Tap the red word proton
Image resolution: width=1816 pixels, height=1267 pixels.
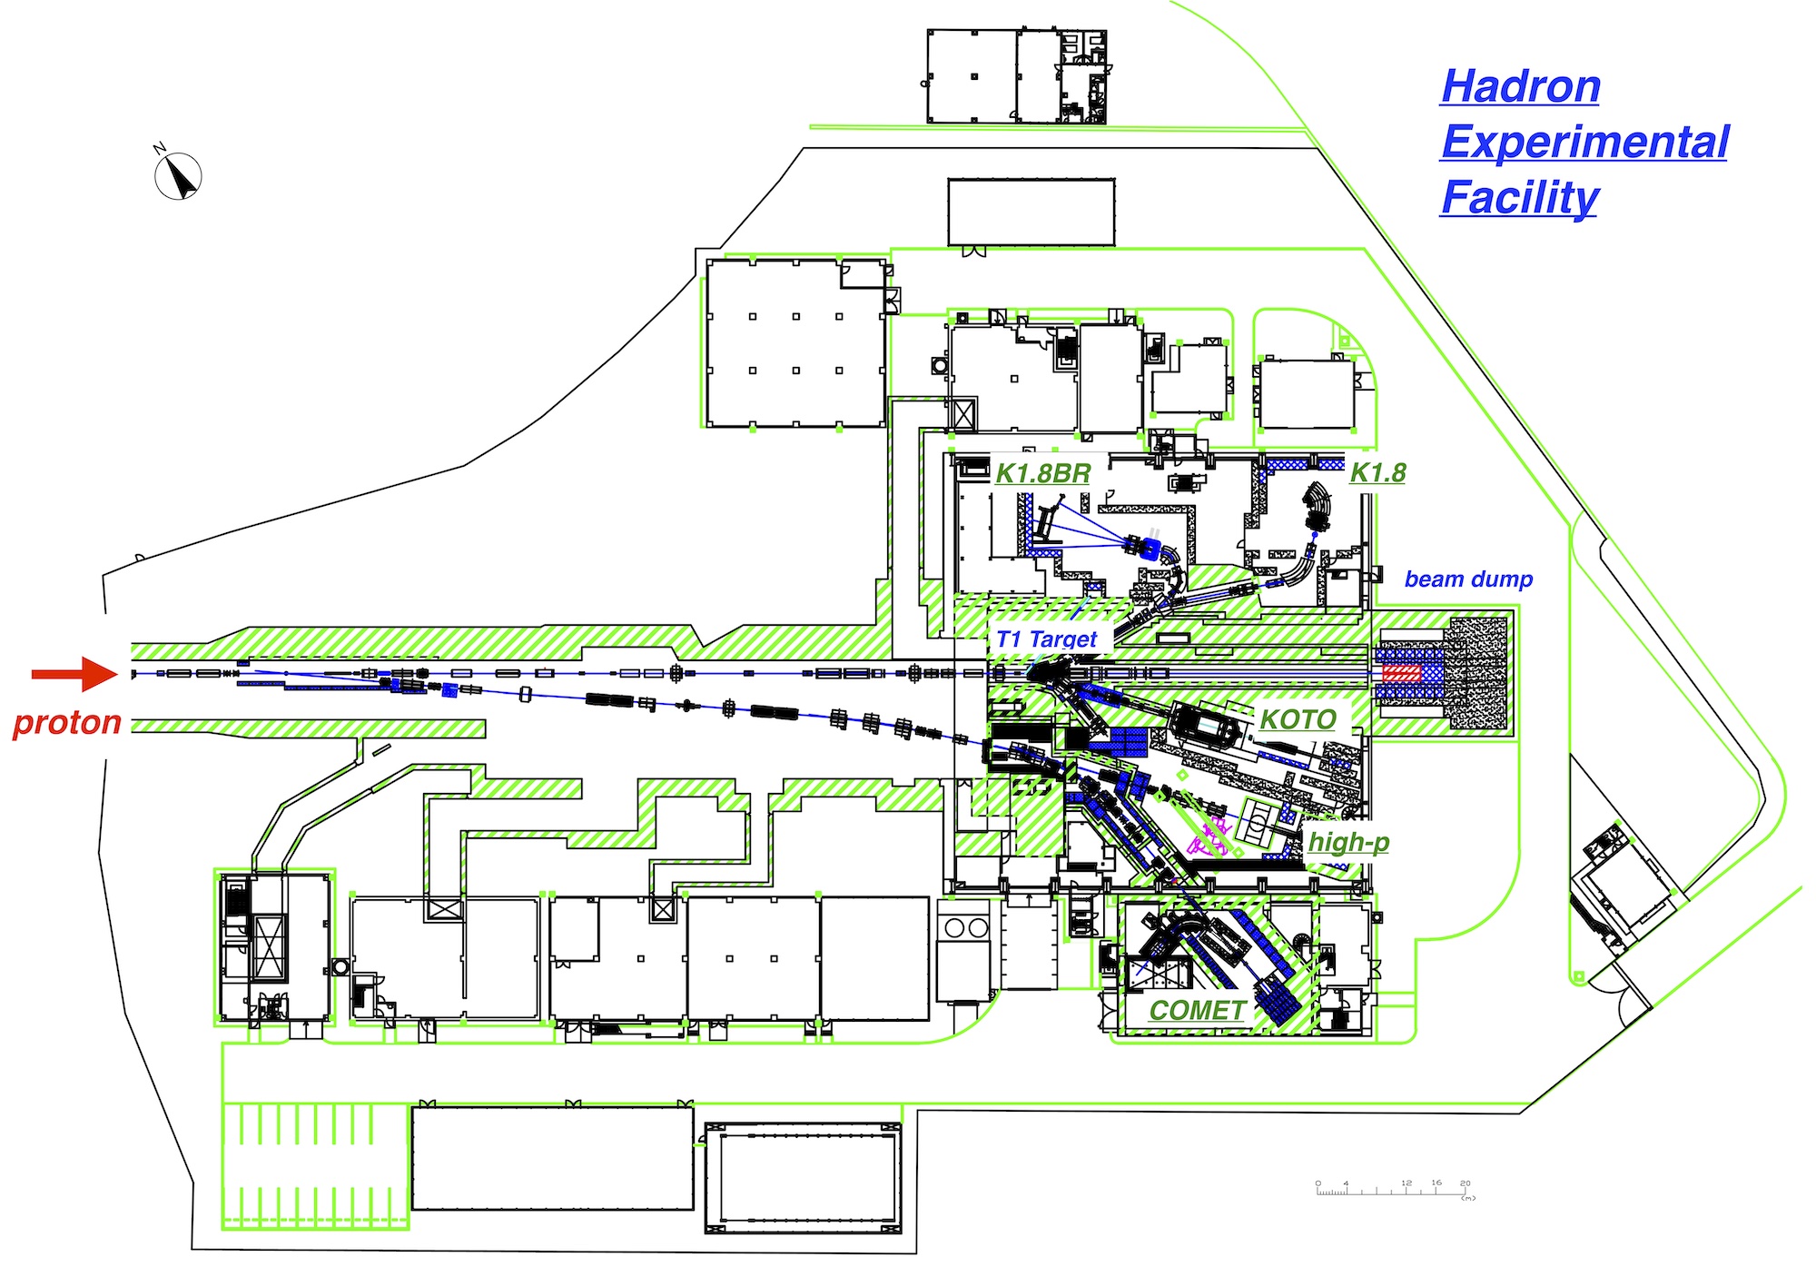(x=67, y=722)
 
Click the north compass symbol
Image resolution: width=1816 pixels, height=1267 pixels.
(x=178, y=176)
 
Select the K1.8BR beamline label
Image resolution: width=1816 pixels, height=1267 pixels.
(x=1042, y=473)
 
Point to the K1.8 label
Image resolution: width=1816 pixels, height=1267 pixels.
(x=1377, y=472)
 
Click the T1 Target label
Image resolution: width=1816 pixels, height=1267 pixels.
(x=1047, y=638)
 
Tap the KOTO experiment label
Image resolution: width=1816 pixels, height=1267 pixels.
(x=1298, y=719)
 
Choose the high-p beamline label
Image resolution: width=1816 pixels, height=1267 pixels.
(x=1348, y=842)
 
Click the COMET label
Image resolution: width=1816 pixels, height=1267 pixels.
(x=1197, y=1010)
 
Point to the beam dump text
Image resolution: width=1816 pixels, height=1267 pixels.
(x=1468, y=579)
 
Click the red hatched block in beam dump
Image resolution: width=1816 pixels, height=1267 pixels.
(x=1401, y=673)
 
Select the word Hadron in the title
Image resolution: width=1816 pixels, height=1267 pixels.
(x=1521, y=87)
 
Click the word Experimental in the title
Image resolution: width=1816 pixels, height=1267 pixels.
(x=1584, y=143)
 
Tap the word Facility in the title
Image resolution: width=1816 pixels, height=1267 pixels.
(x=1520, y=198)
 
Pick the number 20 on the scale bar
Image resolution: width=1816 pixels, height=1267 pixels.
(x=1466, y=1183)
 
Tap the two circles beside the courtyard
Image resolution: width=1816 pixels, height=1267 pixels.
(x=965, y=928)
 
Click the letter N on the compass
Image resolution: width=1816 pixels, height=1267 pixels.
(x=160, y=148)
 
